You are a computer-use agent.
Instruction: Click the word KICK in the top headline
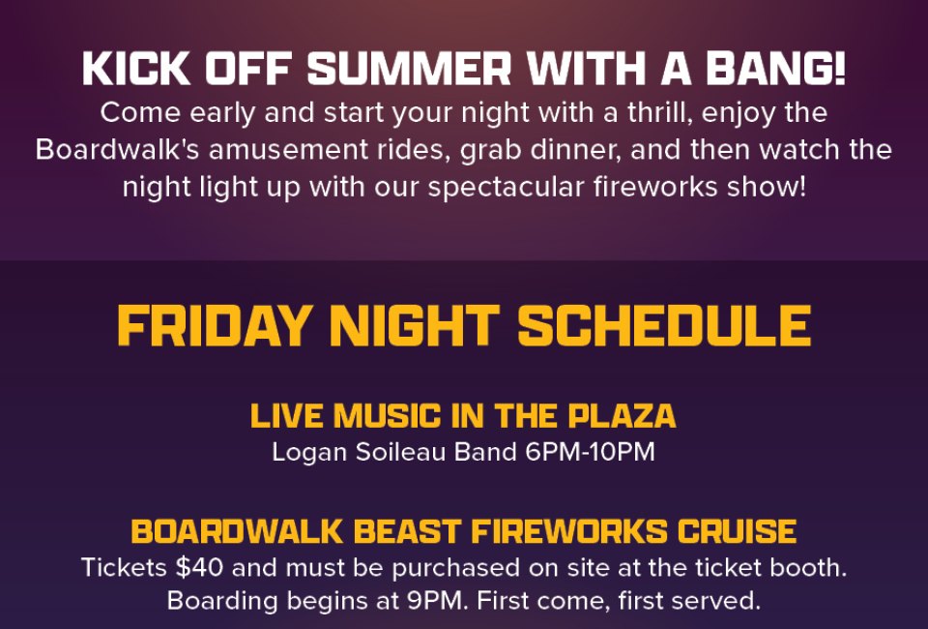pos(136,69)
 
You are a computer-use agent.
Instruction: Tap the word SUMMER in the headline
pos(409,69)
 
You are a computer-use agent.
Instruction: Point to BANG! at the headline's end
pos(776,69)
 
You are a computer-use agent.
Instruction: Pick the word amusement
pos(288,149)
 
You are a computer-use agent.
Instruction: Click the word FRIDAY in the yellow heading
pos(214,325)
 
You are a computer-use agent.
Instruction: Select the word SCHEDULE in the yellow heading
pos(664,325)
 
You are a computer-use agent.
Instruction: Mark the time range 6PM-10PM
pos(590,452)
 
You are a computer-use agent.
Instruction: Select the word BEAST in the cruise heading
pos(407,531)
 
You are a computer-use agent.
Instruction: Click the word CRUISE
pos(737,531)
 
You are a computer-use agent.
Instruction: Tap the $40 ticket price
pos(199,567)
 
